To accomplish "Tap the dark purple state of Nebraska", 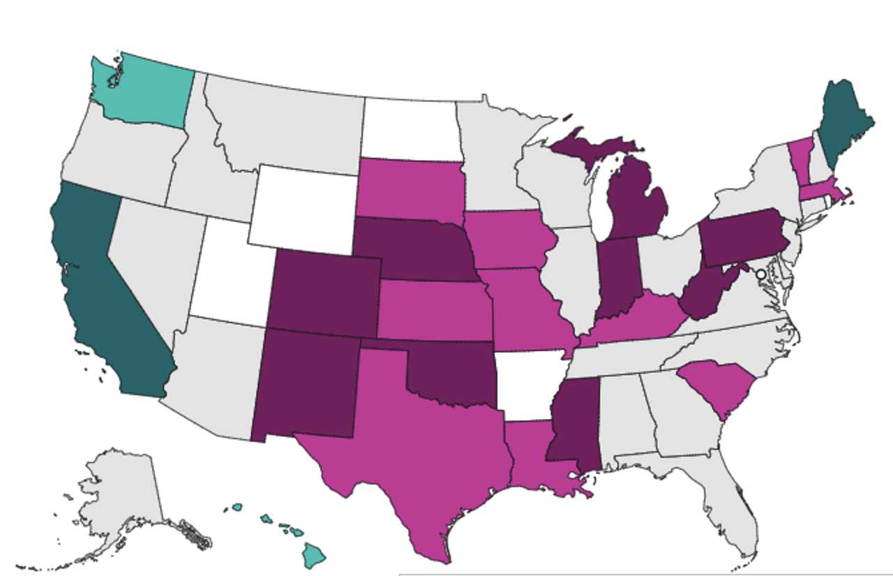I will click(412, 248).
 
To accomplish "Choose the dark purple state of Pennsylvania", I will click(743, 237).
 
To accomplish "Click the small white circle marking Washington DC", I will click(760, 275).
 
